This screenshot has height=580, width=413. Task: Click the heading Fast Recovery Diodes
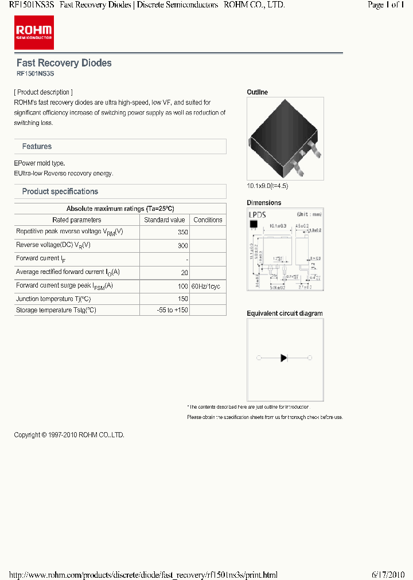click(64, 63)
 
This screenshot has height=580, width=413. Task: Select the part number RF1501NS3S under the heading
click(35, 74)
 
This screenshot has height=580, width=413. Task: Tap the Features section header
click(37, 147)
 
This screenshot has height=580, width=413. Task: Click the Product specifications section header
click(60, 191)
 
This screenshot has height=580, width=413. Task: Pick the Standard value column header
click(164, 220)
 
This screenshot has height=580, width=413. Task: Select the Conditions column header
click(208, 220)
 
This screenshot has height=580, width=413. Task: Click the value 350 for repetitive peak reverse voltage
click(182, 233)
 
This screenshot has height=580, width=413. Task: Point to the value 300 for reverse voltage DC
click(182, 245)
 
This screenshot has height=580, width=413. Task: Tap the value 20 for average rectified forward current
click(184, 272)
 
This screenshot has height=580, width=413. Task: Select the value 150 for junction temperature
click(182, 299)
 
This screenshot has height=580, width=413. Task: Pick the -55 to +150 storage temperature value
click(172, 310)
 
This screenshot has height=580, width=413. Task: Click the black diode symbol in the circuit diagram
click(283, 358)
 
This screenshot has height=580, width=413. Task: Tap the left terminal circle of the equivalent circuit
click(259, 358)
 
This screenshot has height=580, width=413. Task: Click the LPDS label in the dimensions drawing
click(258, 214)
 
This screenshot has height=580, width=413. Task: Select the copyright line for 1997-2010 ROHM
click(69, 435)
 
